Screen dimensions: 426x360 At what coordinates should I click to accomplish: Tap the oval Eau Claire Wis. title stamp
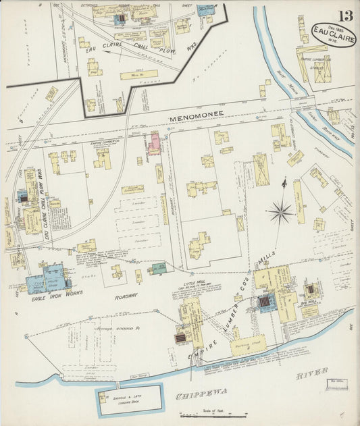(x=334, y=34)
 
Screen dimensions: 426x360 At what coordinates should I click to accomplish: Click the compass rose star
(x=280, y=213)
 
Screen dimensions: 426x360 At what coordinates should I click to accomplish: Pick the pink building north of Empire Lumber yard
(x=155, y=143)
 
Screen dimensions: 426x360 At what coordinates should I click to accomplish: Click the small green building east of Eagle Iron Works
(x=158, y=269)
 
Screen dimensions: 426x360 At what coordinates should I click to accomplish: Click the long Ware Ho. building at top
(x=138, y=75)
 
